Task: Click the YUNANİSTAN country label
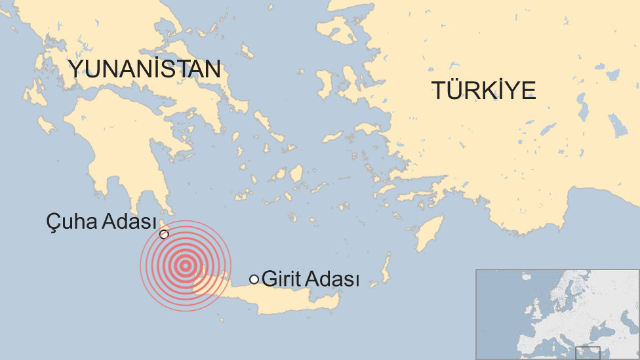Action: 144,69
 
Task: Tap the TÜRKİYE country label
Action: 483,90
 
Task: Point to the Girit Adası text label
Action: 310,279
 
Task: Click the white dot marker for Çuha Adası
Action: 164,234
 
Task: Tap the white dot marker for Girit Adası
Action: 254,279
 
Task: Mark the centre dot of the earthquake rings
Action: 186,266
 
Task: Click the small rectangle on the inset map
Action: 588,353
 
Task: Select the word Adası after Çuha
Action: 127,222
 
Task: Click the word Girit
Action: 281,279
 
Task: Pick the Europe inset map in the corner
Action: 557,314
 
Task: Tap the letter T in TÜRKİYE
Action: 437,90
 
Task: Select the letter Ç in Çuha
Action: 53,222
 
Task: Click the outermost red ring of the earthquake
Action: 140,266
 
